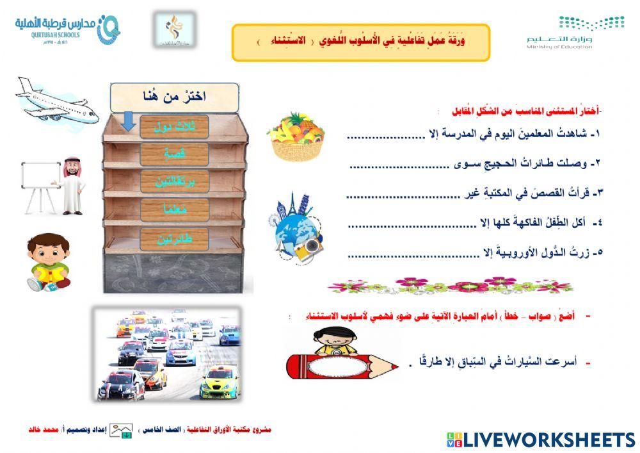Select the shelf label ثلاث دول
[x=174, y=126]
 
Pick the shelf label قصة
[x=174, y=154]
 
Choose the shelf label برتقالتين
[x=174, y=182]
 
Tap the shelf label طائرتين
[x=174, y=238]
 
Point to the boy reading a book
[x=49, y=263]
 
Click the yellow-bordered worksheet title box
[x=360, y=42]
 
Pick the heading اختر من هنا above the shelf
[x=174, y=97]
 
